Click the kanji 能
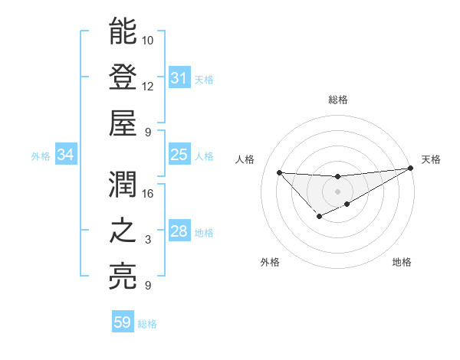(123, 32)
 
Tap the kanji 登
(123, 78)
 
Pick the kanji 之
(123, 232)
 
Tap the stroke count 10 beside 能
(149, 39)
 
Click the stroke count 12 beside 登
(149, 86)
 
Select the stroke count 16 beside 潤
(149, 193)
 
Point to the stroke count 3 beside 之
(148, 240)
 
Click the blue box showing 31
(179, 78)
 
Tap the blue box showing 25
(179, 155)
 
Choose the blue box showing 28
(179, 232)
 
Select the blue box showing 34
(66, 155)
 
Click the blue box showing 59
(123, 322)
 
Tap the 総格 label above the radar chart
(338, 100)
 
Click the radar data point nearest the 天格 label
(411, 169)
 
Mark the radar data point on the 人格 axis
(279, 172)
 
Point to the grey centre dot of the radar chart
(337, 191)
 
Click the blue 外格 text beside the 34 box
(41, 156)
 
